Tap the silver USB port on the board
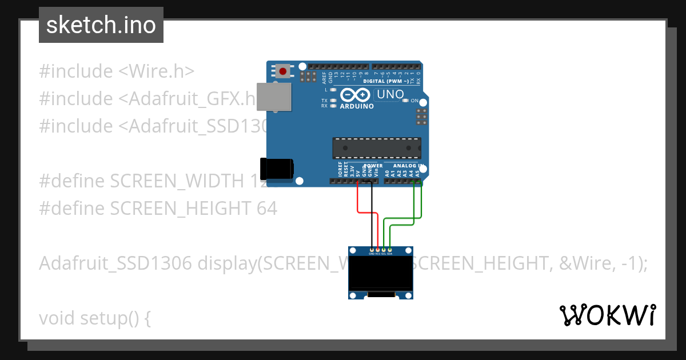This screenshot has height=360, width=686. coord(273,96)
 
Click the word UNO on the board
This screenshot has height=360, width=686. coord(390,94)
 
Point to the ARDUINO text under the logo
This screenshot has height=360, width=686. coord(357,106)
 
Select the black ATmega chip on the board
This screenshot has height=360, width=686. coord(377,148)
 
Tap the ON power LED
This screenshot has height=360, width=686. coord(405,101)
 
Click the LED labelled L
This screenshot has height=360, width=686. coord(333,90)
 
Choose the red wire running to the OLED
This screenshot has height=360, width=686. coord(358,200)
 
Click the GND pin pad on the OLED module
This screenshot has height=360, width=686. coord(372,250)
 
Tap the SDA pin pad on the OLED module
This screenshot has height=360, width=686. coord(390,250)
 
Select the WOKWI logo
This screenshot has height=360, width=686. coord(607,315)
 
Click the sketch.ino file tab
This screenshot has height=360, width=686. coord(101,25)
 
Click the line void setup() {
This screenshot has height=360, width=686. coord(95,318)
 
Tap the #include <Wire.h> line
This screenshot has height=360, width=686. coord(117,71)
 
